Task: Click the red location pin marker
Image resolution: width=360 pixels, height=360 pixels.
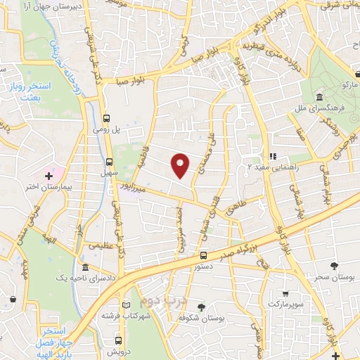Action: pos(181,165)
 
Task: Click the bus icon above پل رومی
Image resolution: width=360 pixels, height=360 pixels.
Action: pos(107,118)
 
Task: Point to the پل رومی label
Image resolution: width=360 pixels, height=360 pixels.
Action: pos(107,129)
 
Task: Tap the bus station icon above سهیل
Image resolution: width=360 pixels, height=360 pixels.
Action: pos(107,161)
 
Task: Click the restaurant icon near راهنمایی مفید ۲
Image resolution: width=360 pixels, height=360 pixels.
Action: pos(273,157)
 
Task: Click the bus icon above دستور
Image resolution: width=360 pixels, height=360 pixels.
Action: pos(203,256)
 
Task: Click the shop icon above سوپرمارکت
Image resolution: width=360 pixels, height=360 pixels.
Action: pos(285,294)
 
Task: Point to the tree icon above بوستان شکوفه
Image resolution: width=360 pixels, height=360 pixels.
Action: pos(202,307)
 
